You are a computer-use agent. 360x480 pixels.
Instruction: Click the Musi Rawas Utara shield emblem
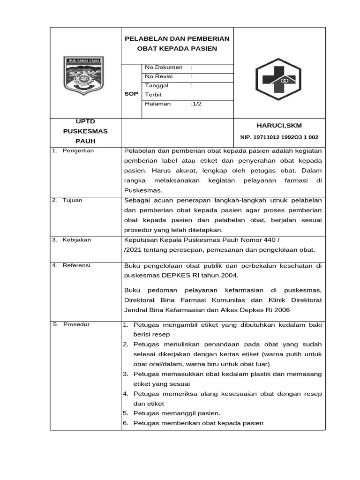click(84, 76)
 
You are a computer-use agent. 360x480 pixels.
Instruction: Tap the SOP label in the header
click(131, 94)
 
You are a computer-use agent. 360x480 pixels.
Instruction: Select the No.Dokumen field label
click(164, 67)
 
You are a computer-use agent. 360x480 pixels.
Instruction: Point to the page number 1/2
click(196, 104)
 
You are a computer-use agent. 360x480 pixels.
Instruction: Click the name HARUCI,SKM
click(279, 126)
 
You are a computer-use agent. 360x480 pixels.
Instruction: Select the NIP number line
click(279, 137)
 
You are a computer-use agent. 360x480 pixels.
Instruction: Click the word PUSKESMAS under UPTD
click(85, 131)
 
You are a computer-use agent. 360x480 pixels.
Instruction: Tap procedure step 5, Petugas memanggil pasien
click(177, 413)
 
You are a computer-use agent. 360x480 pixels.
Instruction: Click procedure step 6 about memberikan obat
click(198, 423)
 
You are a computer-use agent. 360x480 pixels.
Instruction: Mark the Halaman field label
click(158, 104)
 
